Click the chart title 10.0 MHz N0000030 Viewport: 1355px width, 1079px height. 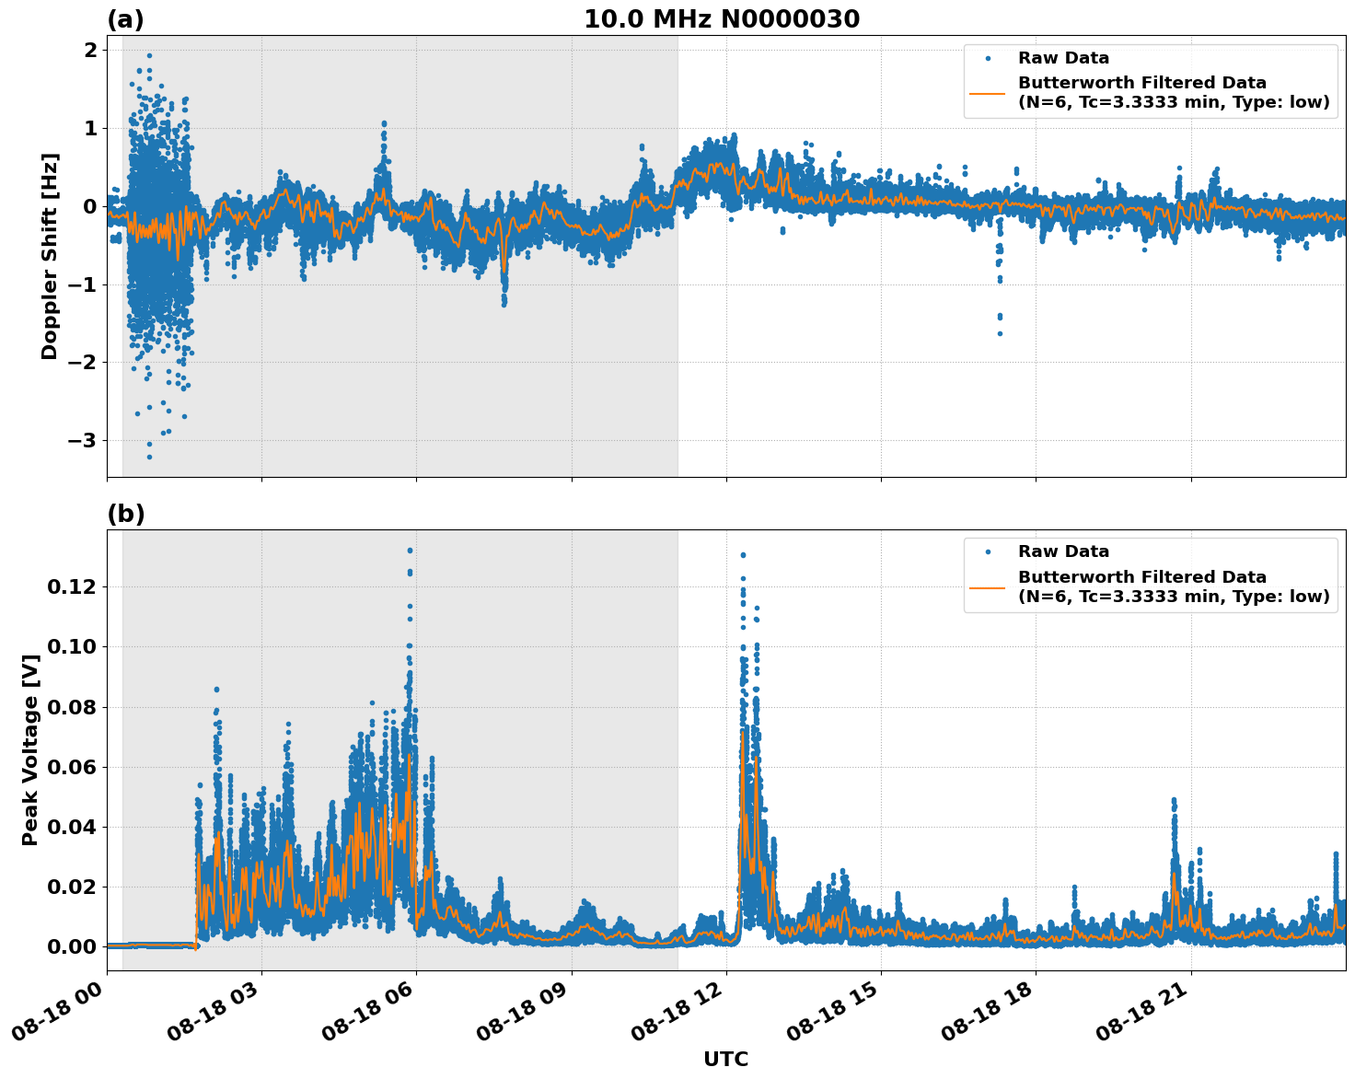point(721,19)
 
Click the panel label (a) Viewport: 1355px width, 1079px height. point(125,19)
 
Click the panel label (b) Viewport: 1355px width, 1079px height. point(125,514)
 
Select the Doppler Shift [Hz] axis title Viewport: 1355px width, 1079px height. point(50,256)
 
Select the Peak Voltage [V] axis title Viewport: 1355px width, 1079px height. point(30,749)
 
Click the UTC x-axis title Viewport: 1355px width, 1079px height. point(725,1059)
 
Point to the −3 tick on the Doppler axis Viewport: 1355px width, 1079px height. point(83,441)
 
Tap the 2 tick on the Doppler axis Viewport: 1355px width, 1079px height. point(90,50)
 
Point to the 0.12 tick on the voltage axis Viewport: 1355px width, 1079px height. point(73,586)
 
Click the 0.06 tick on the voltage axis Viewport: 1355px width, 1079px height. point(73,767)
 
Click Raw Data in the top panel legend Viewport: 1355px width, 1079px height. point(1063,58)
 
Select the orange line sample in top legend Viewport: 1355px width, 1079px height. point(988,92)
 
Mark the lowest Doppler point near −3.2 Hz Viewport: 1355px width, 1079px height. point(149,457)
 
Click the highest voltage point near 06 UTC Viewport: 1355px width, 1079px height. point(410,551)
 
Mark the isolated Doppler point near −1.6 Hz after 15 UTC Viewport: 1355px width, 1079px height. point(1000,333)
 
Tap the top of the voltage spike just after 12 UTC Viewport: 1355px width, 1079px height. point(743,555)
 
